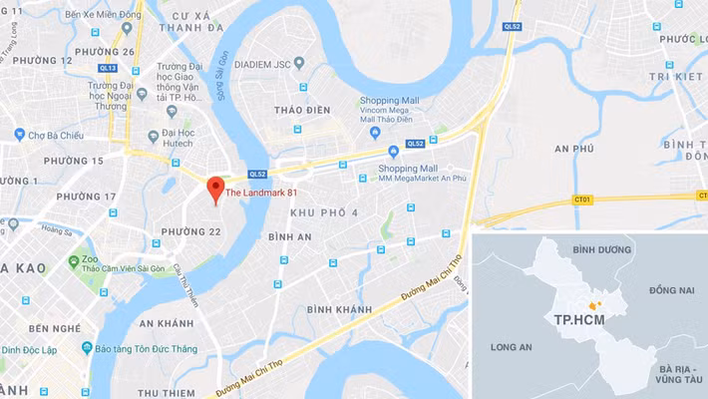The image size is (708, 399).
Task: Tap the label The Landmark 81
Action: [261, 193]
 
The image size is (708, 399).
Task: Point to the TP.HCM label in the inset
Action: [577, 320]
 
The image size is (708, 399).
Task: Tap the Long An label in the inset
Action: [510, 346]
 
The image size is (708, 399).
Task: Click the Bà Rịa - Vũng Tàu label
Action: [679, 375]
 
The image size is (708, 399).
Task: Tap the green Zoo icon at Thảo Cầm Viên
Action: [73, 261]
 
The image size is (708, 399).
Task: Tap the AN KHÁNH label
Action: [166, 323]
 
